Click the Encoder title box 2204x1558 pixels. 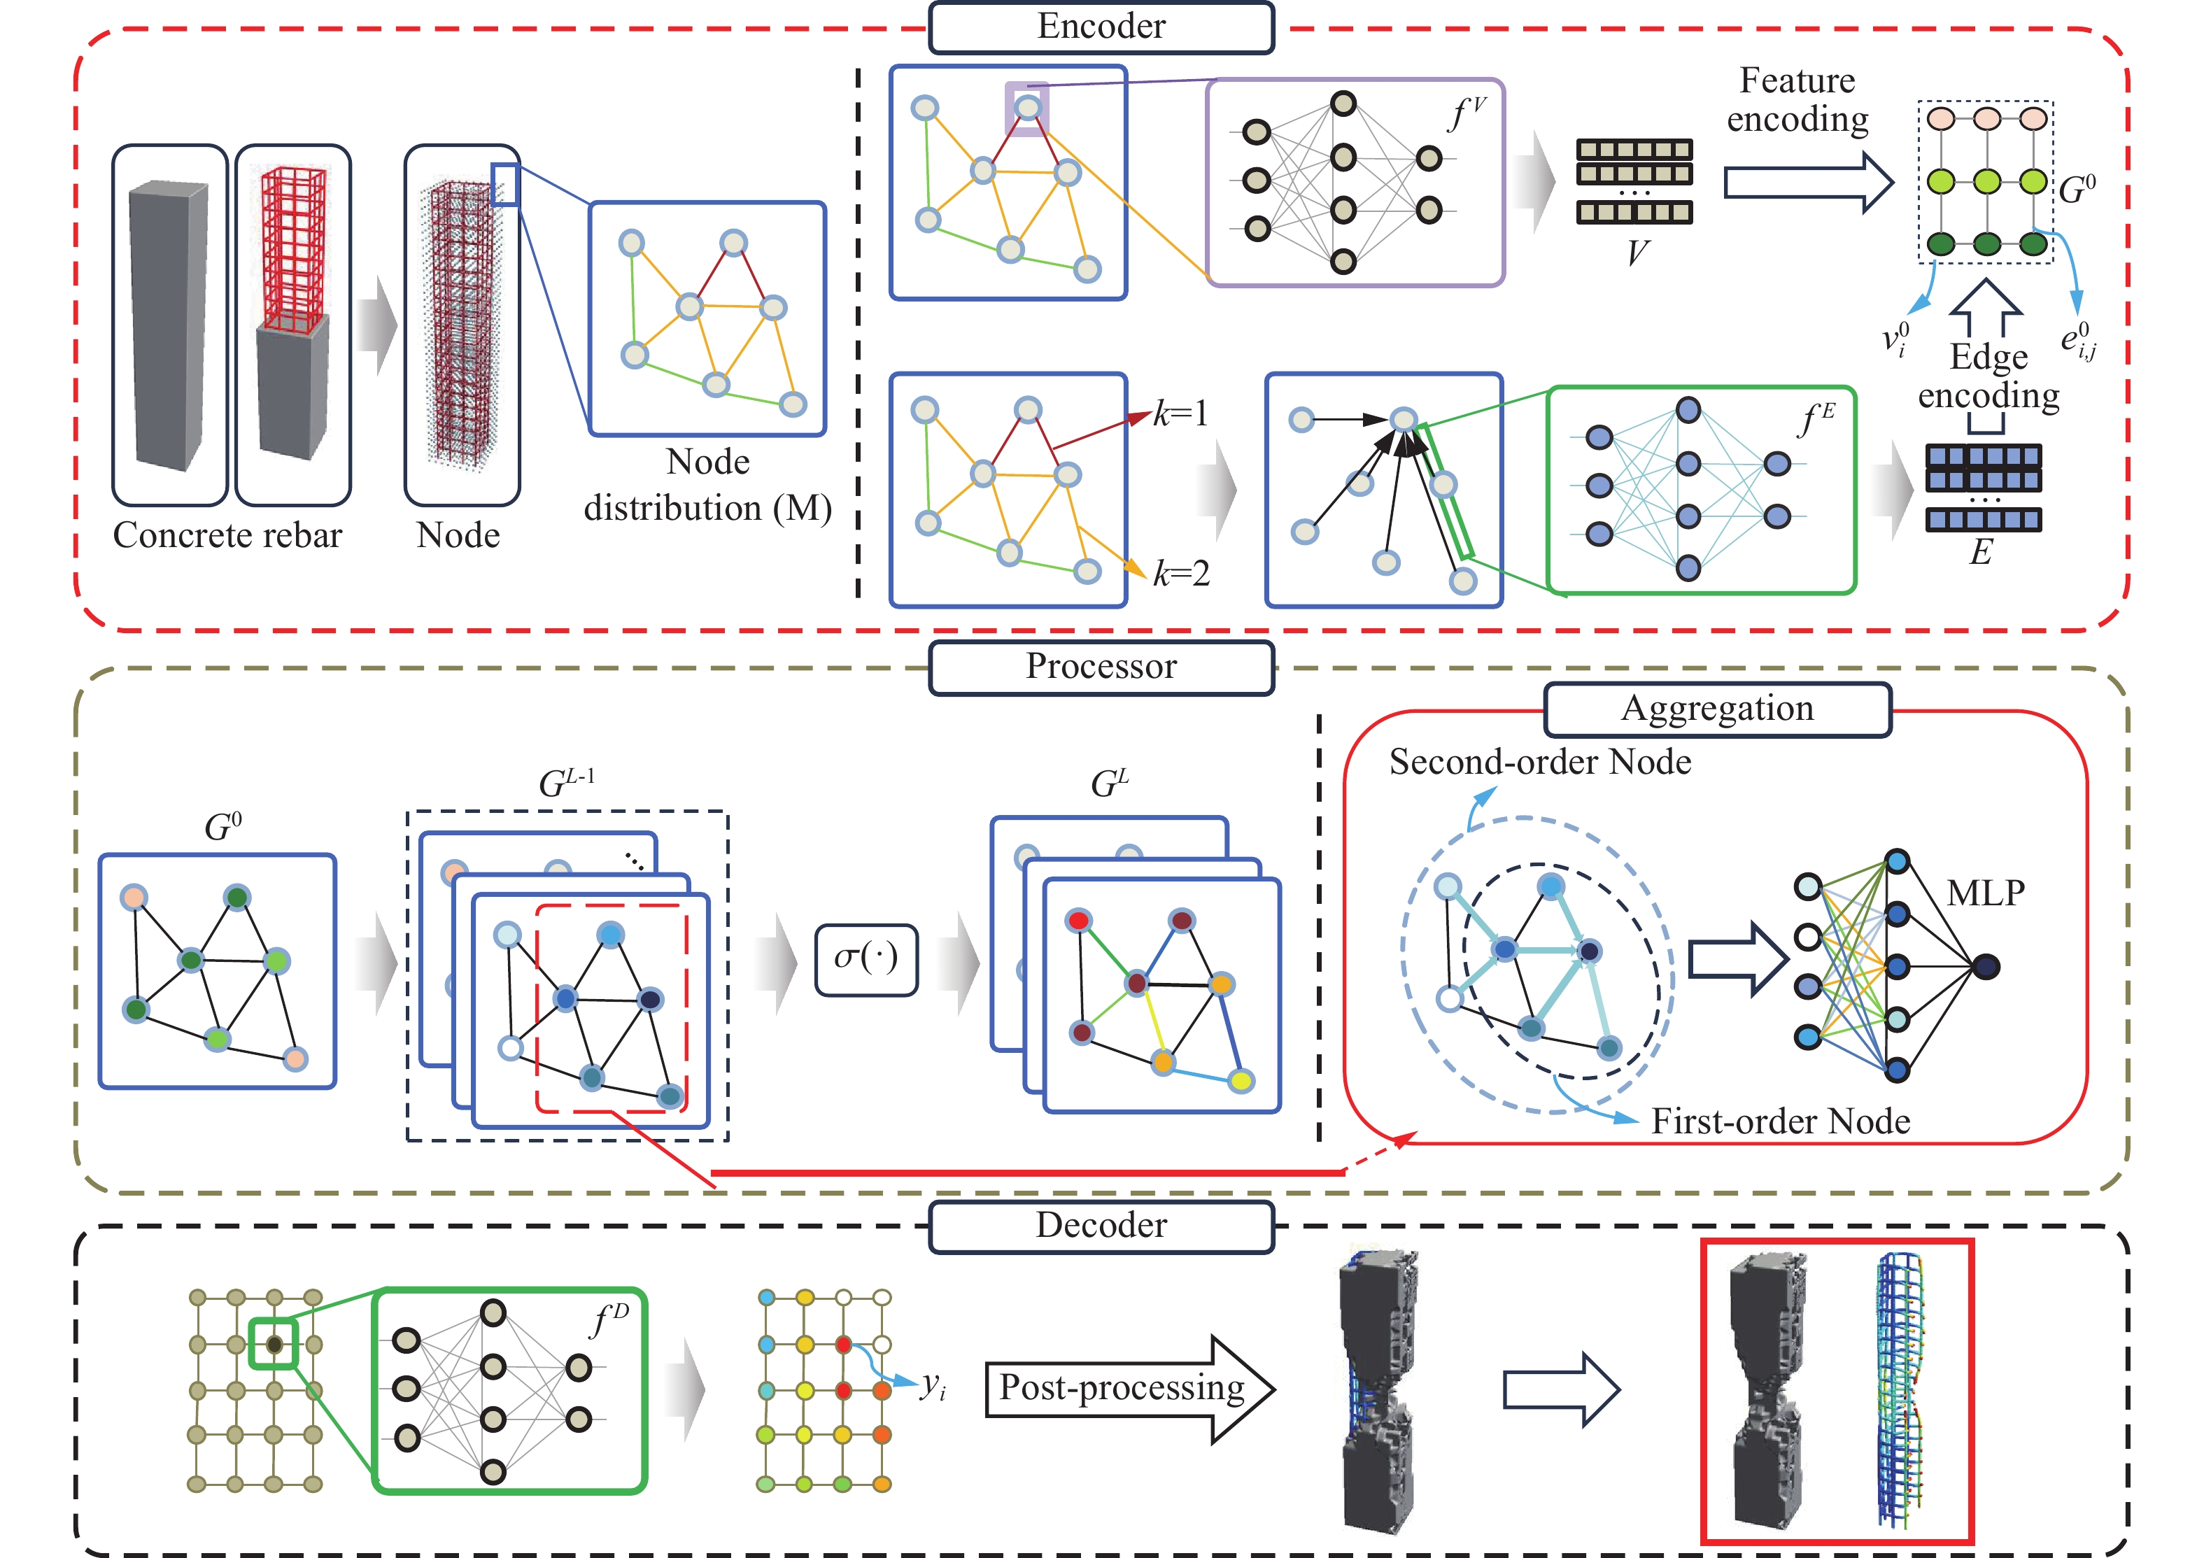click(x=1101, y=27)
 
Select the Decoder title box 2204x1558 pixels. click(x=1101, y=1226)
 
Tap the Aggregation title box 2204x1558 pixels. click(x=1716, y=709)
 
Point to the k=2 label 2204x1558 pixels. click(x=1181, y=574)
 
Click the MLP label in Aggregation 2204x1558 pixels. click(x=1985, y=893)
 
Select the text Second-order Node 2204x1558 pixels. click(x=1540, y=762)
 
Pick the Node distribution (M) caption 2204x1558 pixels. click(x=707, y=486)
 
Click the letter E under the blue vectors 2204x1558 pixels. click(x=1980, y=552)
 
